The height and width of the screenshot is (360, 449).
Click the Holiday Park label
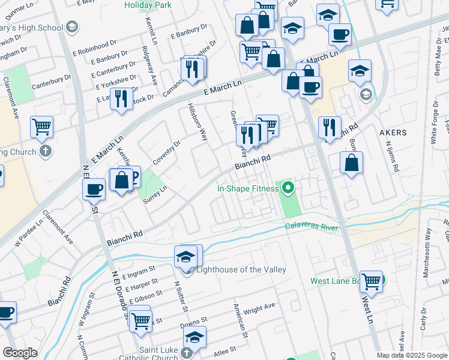click(x=148, y=5)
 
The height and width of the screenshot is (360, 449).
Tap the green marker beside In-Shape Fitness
click(x=288, y=188)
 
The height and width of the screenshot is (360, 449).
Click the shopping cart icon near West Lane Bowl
click(x=372, y=280)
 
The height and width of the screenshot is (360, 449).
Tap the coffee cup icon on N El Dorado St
click(x=94, y=190)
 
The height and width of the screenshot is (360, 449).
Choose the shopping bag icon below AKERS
click(x=351, y=162)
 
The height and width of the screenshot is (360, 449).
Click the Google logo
click(x=20, y=353)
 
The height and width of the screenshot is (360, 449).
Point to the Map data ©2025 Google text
click(x=412, y=356)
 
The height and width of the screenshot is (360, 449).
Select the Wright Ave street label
click(x=259, y=308)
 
